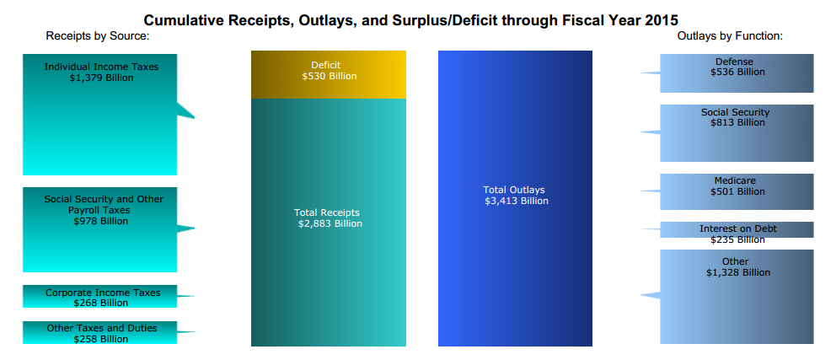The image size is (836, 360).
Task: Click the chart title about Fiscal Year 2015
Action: tap(410, 19)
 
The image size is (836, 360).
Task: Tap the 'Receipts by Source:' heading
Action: tap(97, 36)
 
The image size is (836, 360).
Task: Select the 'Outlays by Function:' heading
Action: tap(730, 36)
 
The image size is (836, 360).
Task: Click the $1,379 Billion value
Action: tap(100, 78)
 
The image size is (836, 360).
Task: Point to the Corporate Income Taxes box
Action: tap(100, 297)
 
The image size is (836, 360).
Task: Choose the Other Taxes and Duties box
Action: tap(100, 332)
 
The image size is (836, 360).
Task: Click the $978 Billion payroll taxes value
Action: tap(100, 221)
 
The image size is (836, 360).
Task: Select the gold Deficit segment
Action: tap(329, 75)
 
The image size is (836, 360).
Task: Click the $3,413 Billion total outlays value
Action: tap(516, 201)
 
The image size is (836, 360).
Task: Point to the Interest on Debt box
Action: tap(737, 229)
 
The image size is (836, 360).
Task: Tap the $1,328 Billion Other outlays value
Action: tap(737, 272)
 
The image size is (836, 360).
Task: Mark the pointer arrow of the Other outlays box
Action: tap(650, 294)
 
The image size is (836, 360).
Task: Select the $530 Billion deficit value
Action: tap(329, 76)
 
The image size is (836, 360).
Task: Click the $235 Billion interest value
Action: tap(737, 239)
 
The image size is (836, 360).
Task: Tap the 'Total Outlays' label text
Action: tap(514, 190)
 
